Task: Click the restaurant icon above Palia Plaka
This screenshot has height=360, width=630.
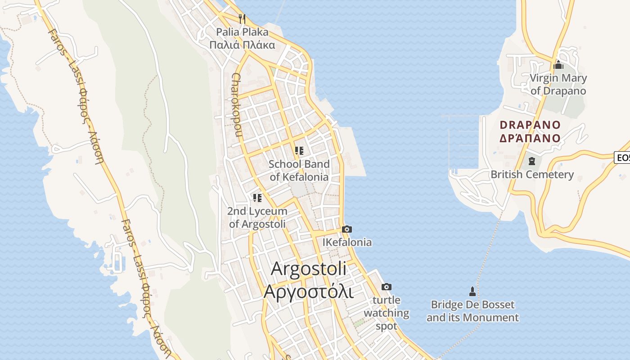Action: pyautogui.click(x=242, y=18)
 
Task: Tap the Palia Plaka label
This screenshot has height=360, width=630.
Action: pyautogui.click(x=242, y=32)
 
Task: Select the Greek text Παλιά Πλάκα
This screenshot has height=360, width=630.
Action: pyautogui.click(x=242, y=45)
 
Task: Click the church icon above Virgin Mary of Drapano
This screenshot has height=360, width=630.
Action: pyautogui.click(x=558, y=65)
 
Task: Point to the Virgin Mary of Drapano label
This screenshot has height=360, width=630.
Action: pyautogui.click(x=558, y=84)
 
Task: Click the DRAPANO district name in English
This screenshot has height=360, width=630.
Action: pyautogui.click(x=531, y=125)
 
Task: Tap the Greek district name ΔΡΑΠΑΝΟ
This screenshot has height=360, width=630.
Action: pyautogui.click(x=531, y=138)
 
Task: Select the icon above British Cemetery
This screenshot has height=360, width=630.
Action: pyautogui.click(x=532, y=161)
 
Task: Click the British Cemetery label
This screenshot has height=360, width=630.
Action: pyautogui.click(x=532, y=174)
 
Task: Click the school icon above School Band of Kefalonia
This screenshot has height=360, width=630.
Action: pyautogui.click(x=299, y=151)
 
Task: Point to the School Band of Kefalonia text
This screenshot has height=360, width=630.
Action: pyautogui.click(x=299, y=170)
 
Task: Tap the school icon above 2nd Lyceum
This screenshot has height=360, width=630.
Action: pyautogui.click(x=257, y=198)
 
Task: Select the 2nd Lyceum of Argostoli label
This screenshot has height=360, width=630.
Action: pyautogui.click(x=257, y=217)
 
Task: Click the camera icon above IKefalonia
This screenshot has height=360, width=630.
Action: pyautogui.click(x=346, y=229)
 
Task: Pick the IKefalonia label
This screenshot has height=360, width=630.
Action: pyautogui.click(x=347, y=242)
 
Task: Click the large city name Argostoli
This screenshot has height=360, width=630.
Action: pyautogui.click(x=309, y=269)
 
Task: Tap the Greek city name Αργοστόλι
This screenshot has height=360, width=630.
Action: pyautogui.click(x=309, y=291)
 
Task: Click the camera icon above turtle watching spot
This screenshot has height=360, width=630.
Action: pyautogui.click(x=386, y=287)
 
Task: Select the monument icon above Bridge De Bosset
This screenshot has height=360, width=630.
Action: pyautogui.click(x=472, y=291)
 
